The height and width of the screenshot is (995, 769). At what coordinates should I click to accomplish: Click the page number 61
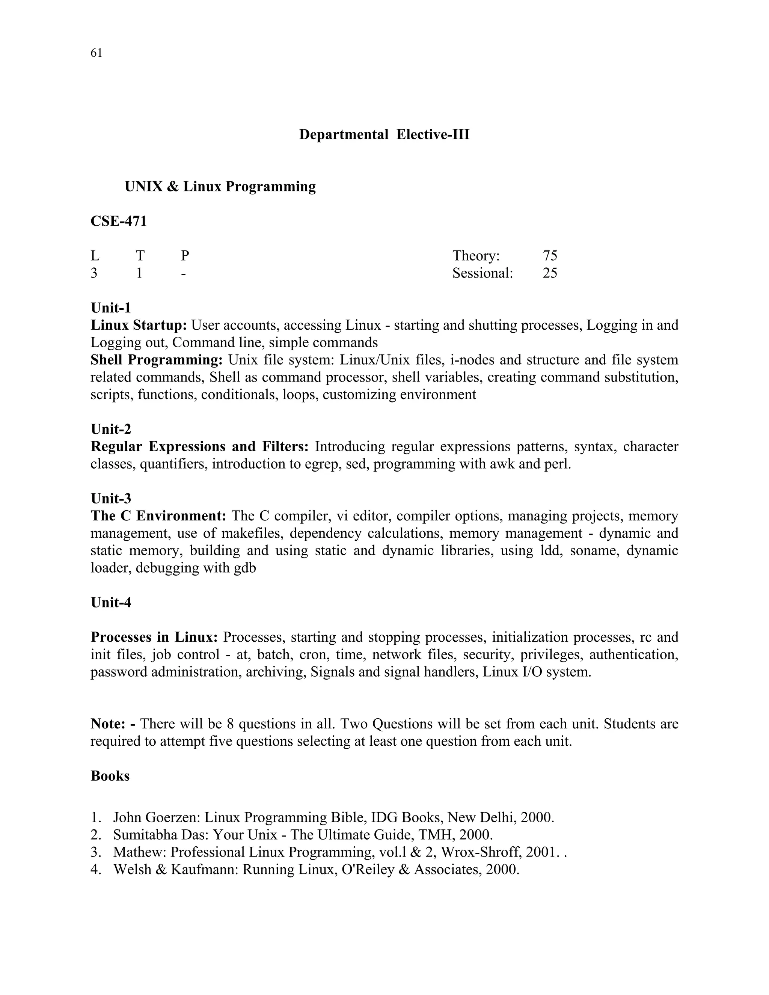96,53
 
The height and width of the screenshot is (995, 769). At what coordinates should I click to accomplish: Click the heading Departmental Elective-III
384,135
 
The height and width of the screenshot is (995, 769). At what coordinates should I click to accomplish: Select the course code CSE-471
118,222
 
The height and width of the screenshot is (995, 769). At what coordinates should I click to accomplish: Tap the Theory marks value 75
550,256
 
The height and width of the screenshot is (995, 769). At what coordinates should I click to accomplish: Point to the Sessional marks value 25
550,273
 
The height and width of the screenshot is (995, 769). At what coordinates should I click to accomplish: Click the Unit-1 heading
111,308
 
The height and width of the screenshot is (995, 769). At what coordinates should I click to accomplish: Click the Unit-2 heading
111,429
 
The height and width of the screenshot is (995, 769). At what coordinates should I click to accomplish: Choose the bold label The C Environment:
158,516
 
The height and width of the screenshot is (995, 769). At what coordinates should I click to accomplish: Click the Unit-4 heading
111,603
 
